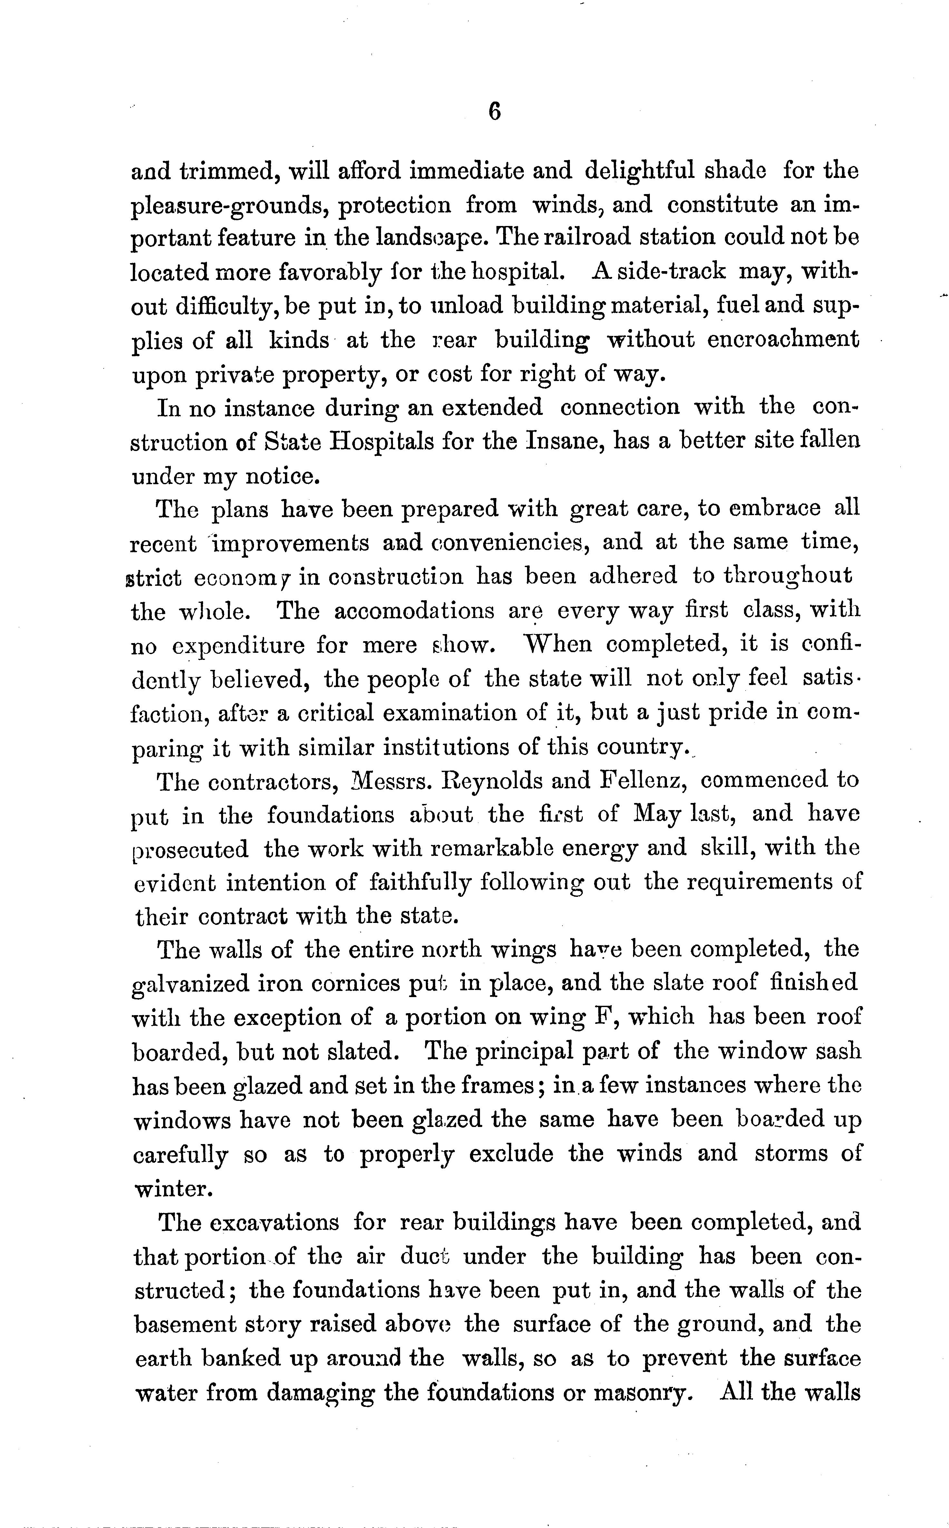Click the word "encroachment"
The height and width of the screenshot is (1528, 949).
pyautogui.click(x=783, y=339)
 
